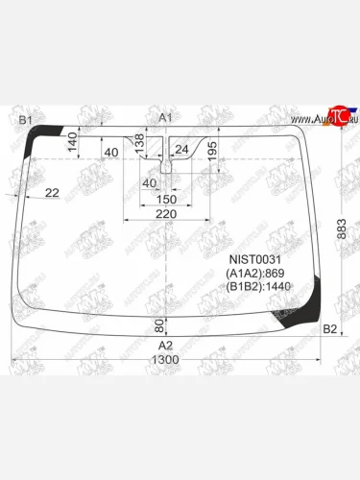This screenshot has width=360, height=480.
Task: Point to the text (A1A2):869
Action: (x=254, y=273)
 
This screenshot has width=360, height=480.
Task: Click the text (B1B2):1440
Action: (x=257, y=286)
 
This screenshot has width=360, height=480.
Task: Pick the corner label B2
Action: (x=329, y=329)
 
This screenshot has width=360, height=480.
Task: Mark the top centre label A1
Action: (x=166, y=117)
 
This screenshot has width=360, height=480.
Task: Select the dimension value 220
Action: (x=165, y=214)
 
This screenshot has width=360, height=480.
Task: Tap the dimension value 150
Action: (x=165, y=198)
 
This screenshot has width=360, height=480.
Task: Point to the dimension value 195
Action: (x=212, y=151)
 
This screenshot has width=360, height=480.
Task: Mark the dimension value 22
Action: (x=52, y=193)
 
